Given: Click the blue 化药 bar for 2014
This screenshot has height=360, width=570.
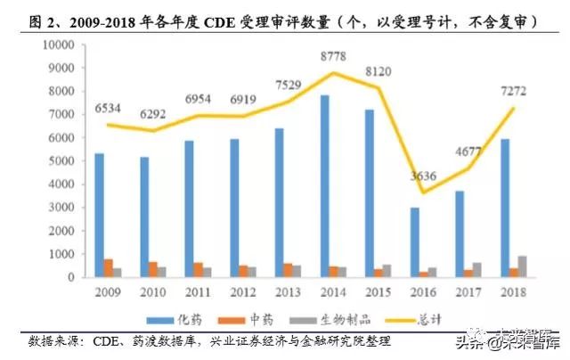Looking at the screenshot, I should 324,186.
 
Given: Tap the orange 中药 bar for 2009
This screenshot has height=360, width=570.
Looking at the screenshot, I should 108,268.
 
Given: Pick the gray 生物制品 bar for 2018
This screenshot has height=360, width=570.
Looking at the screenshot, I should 521,266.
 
